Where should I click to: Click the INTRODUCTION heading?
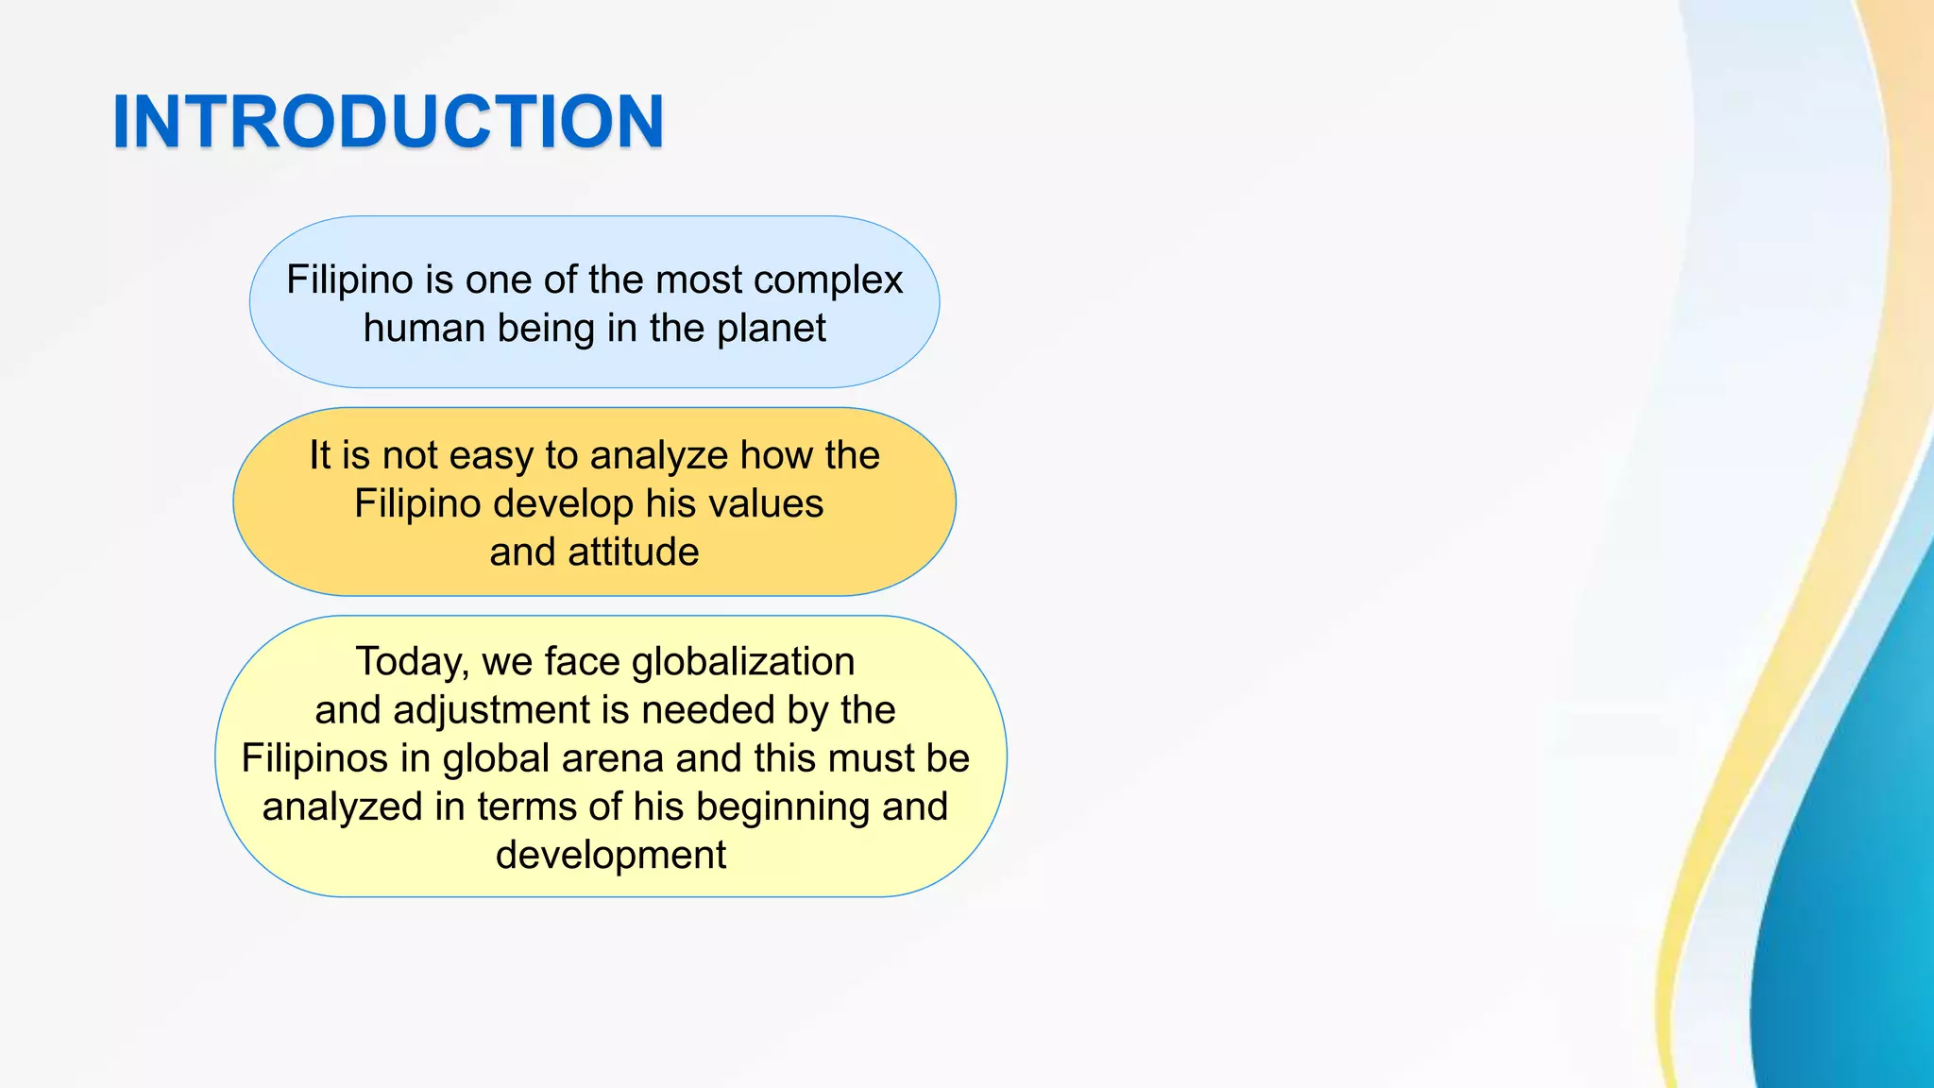pos(388,122)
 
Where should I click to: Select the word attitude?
pos(634,552)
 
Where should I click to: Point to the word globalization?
pos(743,662)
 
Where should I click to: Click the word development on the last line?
pos(611,856)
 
